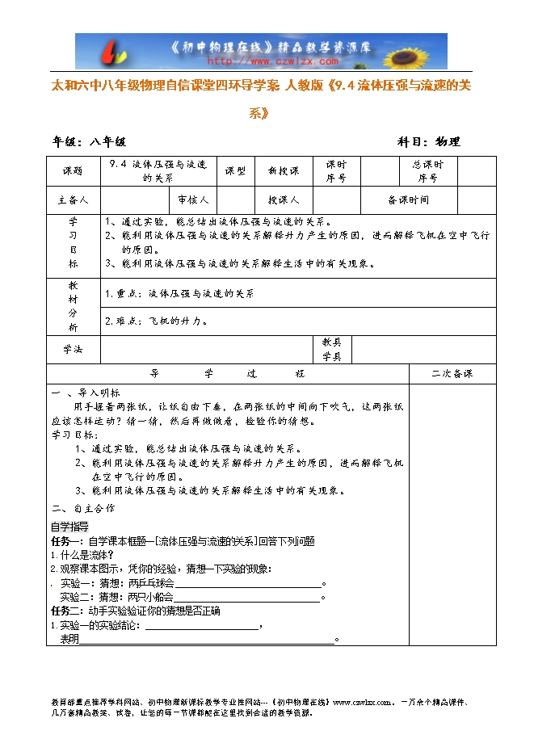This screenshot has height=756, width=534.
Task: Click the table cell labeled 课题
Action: tap(73, 171)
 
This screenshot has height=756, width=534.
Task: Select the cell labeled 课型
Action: tap(235, 171)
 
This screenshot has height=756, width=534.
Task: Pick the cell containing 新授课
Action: tap(283, 171)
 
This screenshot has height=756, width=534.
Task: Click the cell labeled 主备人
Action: tap(73, 199)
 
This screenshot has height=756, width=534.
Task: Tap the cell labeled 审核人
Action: tap(193, 199)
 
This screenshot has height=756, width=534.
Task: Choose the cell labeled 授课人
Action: tap(283, 199)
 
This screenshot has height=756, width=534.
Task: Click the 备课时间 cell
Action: tap(409, 199)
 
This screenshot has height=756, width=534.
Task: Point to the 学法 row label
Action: tap(73, 349)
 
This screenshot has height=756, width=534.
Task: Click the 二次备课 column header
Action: tap(452, 374)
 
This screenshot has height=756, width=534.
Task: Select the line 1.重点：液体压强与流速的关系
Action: tap(179, 294)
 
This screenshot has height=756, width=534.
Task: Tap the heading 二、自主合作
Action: tap(83, 509)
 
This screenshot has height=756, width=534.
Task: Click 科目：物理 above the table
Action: tap(429, 141)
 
